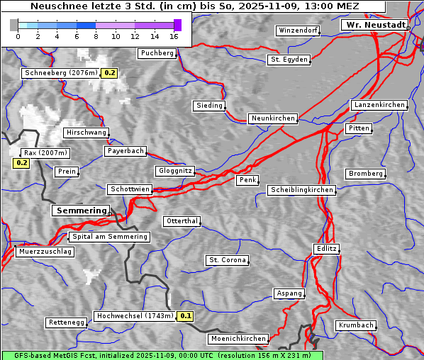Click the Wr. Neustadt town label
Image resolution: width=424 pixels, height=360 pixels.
point(374,25)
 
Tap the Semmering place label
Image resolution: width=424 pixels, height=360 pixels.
point(81,210)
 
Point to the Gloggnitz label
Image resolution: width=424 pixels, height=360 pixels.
point(174,171)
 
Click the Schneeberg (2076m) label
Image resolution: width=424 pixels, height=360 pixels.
point(60,73)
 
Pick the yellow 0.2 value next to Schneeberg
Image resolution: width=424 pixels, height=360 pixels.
point(110,73)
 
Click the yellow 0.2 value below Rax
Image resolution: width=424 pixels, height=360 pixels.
point(21,163)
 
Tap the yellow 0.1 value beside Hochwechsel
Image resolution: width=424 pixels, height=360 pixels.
point(185,316)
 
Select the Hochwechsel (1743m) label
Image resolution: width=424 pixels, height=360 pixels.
point(134,316)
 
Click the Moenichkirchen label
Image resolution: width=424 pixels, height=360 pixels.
point(238,339)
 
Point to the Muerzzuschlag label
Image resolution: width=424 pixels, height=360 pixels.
point(45,252)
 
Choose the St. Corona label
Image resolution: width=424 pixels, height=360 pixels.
point(227,260)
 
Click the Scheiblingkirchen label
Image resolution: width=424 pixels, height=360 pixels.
point(301,190)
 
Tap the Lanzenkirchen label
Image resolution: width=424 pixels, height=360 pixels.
point(379,105)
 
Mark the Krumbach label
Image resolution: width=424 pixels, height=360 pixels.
point(355,325)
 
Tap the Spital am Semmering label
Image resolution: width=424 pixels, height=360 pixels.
point(109,237)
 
